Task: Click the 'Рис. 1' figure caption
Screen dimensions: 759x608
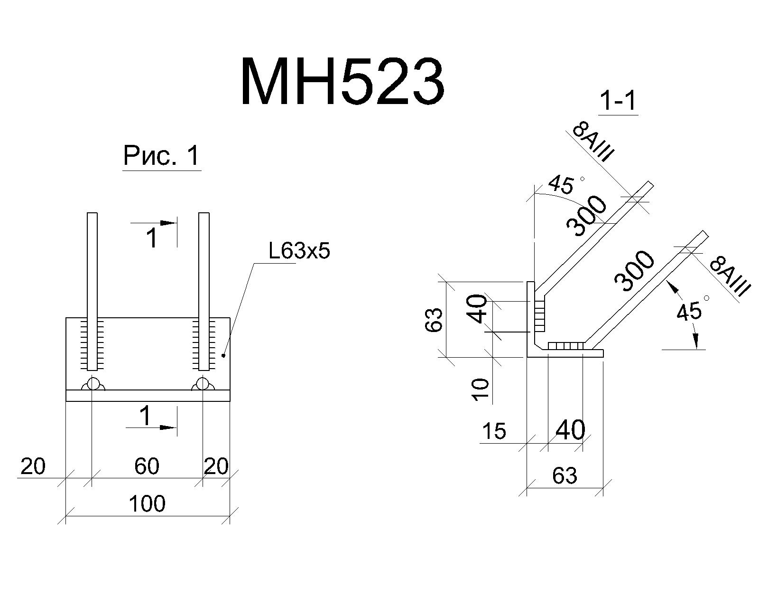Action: pos(162,156)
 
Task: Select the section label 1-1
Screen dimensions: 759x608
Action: pos(618,101)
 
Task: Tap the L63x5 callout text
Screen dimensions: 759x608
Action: pos(299,252)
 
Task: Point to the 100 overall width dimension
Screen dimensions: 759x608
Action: pos(147,504)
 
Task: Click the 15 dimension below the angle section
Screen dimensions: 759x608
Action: pos(494,431)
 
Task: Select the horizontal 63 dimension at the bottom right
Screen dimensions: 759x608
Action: pos(565,475)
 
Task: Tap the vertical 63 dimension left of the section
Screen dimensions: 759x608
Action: pos(434,320)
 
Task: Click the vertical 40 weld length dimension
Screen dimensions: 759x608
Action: pos(479,309)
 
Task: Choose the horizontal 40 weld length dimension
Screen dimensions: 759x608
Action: pos(570,430)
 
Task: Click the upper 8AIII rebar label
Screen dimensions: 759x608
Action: pos(593,142)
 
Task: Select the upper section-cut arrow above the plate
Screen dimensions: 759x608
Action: pos(153,223)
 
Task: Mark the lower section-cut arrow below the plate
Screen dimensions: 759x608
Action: pos(151,427)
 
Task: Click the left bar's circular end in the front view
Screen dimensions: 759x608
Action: pos(93,383)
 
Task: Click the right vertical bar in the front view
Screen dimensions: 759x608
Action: pos(204,291)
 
